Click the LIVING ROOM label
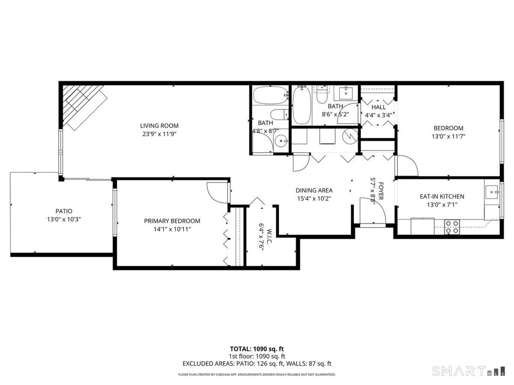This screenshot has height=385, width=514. point(159,126)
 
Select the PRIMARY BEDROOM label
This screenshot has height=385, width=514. point(172,221)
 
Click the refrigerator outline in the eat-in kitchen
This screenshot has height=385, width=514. point(423,226)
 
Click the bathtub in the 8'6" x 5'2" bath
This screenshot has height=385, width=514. point(302,105)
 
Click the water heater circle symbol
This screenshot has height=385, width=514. point(350,135)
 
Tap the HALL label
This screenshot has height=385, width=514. point(379,107)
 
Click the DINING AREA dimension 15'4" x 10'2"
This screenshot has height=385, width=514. point(314,198)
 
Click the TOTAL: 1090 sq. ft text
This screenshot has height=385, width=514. point(257,349)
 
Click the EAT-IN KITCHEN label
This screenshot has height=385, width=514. point(442,197)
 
